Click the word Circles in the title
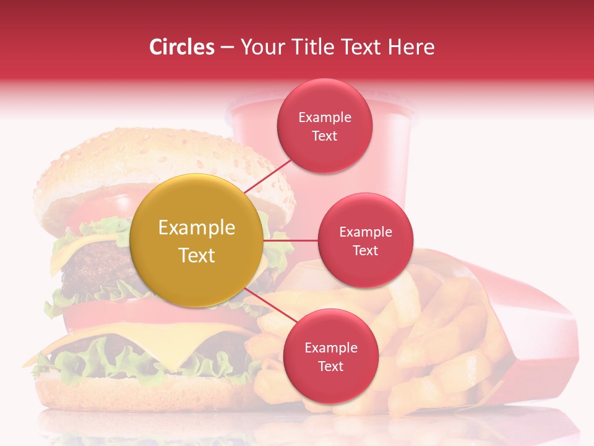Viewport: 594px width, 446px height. click(182, 47)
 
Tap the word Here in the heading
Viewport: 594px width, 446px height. click(411, 47)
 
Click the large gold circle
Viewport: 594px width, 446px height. click(197, 240)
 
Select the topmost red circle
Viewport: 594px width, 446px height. click(325, 126)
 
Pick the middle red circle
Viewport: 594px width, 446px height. click(365, 240)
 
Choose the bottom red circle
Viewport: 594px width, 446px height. click(330, 356)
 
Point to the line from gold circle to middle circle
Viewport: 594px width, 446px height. click(291, 240)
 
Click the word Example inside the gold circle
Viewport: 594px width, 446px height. click(197, 228)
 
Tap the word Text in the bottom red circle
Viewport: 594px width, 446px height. click(330, 366)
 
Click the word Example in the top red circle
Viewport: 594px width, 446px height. click(325, 117)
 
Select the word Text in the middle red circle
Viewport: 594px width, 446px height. click(365, 250)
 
